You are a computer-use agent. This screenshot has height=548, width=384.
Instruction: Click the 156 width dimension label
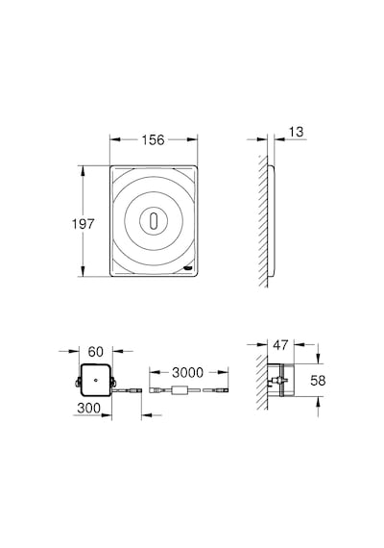(x=153, y=139)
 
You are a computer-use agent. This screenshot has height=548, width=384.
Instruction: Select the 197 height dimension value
(x=84, y=224)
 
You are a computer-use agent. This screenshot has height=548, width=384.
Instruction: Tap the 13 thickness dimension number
(x=296, y=132)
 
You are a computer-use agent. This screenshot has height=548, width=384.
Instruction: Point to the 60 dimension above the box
(x=96, y=352)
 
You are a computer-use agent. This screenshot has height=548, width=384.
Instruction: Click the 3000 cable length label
(x=187, y=373)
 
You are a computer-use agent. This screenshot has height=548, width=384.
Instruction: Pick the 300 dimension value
(x=88, y=408)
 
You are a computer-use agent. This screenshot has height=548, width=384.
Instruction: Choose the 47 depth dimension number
(x=280, y=345)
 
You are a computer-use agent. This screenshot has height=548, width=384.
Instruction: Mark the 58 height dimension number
(x=318, y=381)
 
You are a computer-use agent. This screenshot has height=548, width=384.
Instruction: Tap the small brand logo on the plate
(x=187, y=268)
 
